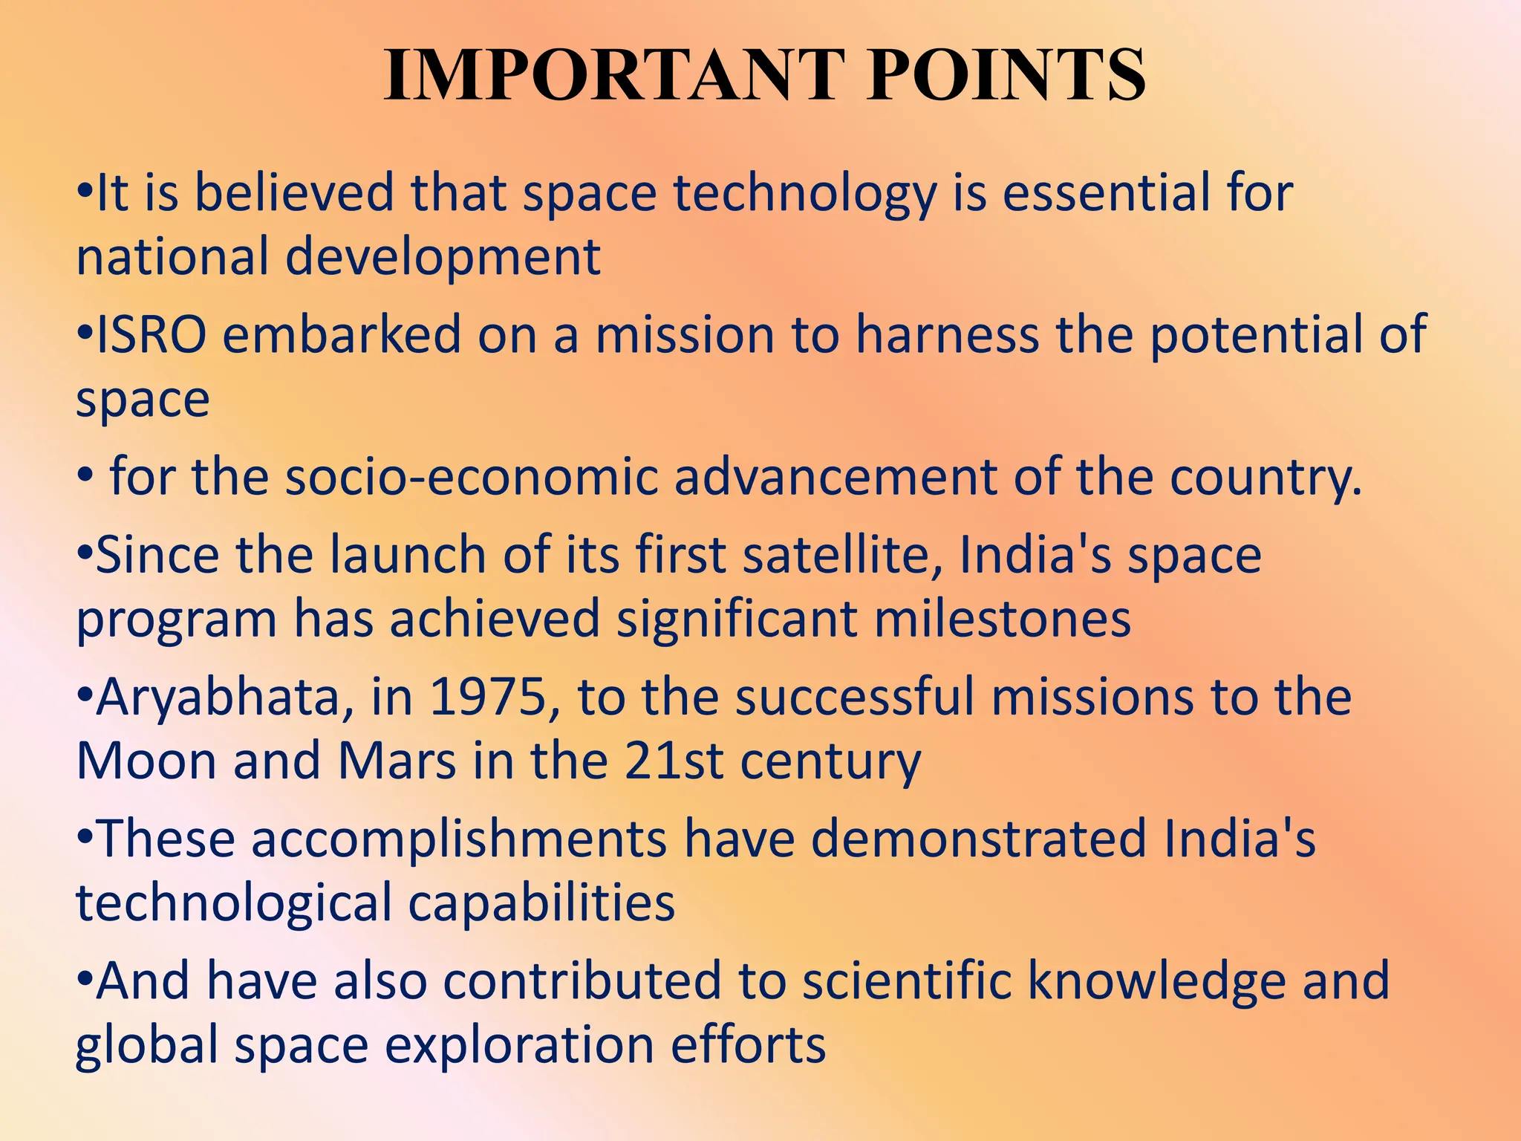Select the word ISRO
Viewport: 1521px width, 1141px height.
[x=152, y=335]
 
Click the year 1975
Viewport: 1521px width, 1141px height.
[x=488, y=698]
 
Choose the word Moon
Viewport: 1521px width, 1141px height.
[x=146, y=761]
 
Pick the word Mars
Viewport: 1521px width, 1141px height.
[x=397, y=761]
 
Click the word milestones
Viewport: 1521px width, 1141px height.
[x=1003, y=619]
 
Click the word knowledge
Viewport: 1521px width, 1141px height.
[x=1156, y=981]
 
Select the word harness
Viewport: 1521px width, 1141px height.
[x=947, y=335]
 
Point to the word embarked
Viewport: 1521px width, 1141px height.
[x=342, y=335]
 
